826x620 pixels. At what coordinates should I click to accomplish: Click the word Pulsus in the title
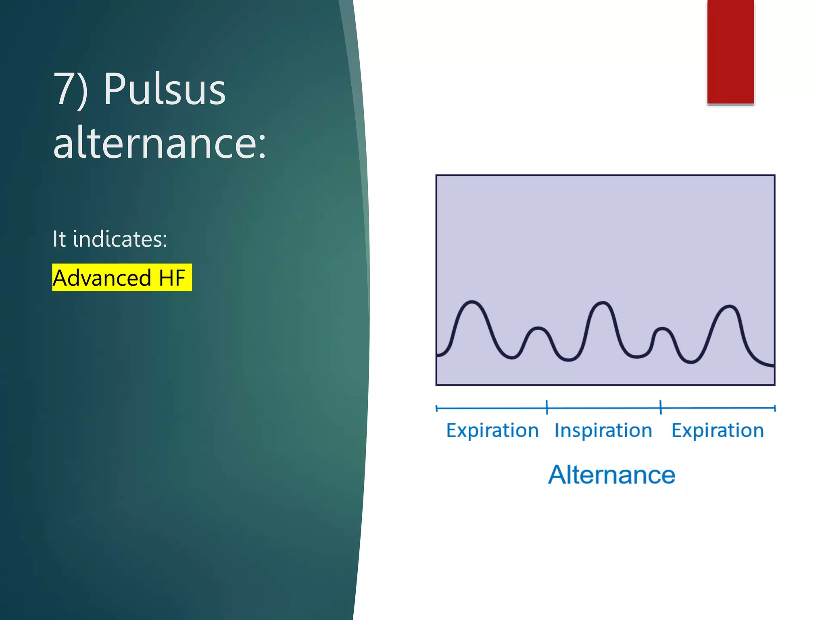165,90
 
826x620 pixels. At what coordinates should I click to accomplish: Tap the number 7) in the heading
70,90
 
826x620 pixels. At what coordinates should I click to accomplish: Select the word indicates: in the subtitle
120,239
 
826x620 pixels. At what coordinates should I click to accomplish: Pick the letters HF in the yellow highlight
172,278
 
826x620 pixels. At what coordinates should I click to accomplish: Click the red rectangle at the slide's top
730,52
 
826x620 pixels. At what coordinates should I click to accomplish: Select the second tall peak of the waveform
603,303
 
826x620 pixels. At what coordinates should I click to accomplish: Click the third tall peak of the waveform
729,307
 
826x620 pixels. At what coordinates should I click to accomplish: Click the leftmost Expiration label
492,430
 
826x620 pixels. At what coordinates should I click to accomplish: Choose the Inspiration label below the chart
603,430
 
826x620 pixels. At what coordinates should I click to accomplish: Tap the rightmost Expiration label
718,430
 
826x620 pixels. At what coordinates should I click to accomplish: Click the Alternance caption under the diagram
611,475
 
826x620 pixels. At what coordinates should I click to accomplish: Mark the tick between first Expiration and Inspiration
547,407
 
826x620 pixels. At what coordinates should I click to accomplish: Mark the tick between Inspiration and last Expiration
661,407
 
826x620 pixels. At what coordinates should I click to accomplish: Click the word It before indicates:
59,239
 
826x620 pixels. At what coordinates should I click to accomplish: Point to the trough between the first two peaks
511,357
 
